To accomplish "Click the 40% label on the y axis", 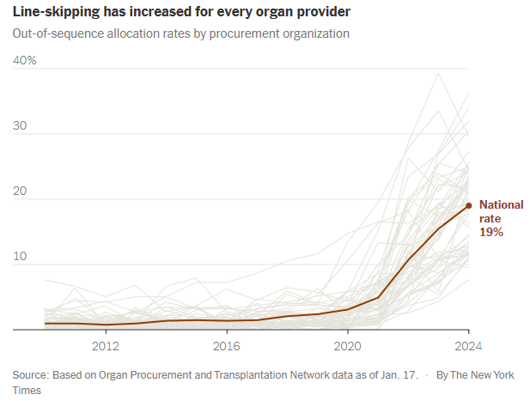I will point(24,60).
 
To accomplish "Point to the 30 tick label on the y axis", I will point(20,125).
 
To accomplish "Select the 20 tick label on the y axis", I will point(20,191).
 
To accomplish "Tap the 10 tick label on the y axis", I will point(19,257).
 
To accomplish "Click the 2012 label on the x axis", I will point(105,346).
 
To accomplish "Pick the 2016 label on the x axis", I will point(226,346).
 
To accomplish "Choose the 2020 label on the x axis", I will point(347,346).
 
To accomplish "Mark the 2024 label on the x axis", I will point(468,346).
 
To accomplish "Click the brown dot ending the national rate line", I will point(468,205).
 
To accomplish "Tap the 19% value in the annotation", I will point(490,233).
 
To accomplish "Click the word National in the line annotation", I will point(501,204).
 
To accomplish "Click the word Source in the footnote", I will point(32,375).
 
